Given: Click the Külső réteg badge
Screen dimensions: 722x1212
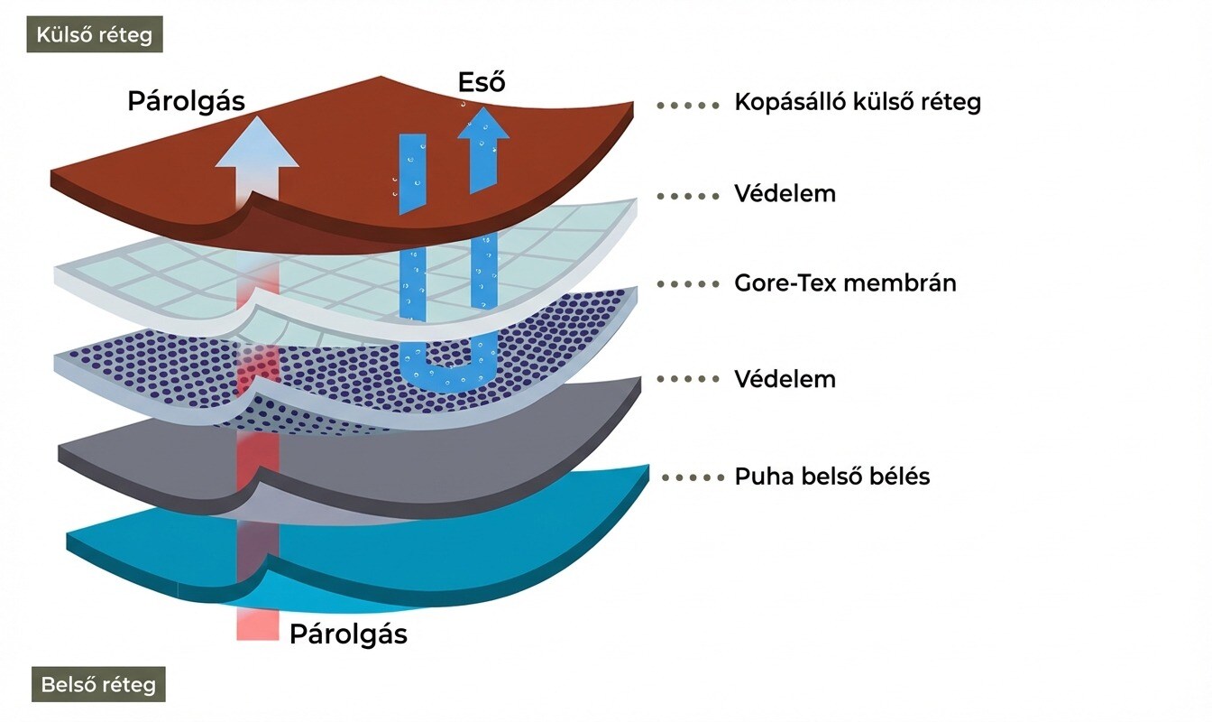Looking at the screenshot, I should click(95, 35).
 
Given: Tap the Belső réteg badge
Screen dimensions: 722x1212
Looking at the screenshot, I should click(98, 684).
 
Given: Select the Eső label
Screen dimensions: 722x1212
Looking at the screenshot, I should click(481, 83).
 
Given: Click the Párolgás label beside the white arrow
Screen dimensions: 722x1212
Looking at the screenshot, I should click(186, 101).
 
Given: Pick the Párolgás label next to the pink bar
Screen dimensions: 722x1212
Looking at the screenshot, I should click(348, 634).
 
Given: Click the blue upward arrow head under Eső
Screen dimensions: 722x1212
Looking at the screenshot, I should click(482, 125).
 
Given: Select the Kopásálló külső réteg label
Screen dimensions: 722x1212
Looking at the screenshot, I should click(858, 102).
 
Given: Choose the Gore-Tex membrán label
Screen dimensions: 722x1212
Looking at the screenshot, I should click(845, 283).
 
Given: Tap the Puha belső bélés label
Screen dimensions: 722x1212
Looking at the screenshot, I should click(831, 476).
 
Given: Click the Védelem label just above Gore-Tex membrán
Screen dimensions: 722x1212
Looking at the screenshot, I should click(785, 193).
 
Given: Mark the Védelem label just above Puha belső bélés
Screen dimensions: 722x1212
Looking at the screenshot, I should click(785, 379).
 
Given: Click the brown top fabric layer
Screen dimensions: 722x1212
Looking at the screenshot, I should click(361, 180).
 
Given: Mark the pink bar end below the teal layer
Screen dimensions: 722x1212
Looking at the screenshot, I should click(257, 626).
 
